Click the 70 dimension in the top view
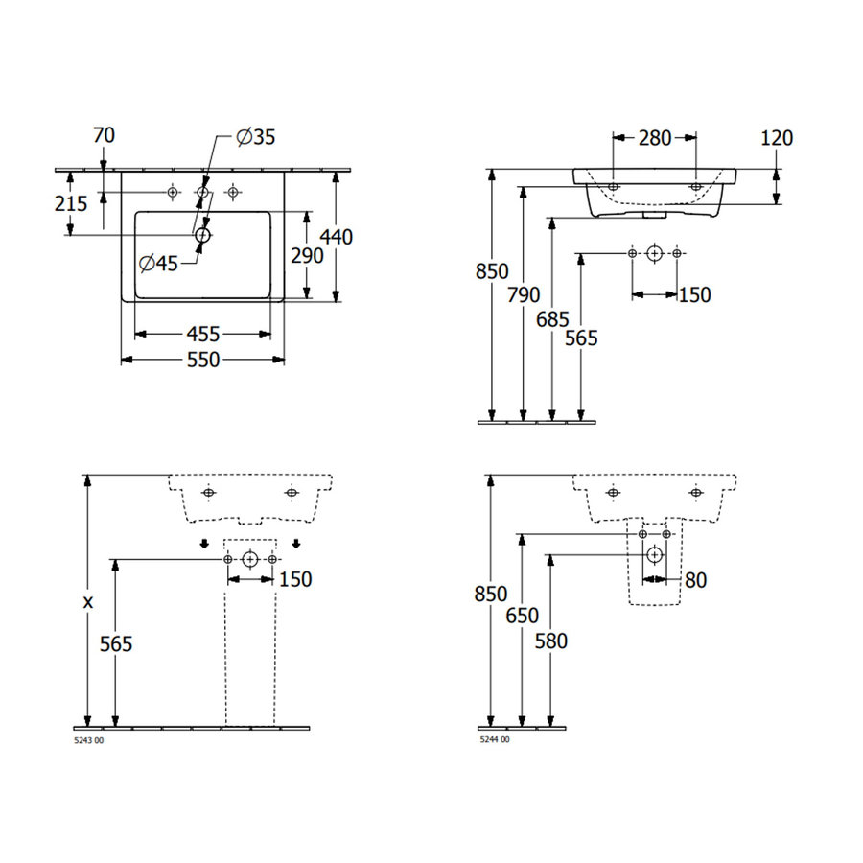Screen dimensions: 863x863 (x=104, y=135)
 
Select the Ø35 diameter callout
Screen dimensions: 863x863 (x=255, y=137)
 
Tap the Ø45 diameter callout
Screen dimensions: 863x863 (x=158, y=264)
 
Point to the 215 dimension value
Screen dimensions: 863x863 (x=72, y=203)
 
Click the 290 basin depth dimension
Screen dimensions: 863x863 (x=307, y=255)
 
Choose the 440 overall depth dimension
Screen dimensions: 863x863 (x=337, y=236)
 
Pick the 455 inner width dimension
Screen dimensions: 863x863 (x=202, y=335)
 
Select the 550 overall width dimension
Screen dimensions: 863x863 (x=202, y=360)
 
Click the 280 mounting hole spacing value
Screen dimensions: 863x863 (x=655, y=138)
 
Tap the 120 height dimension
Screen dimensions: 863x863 (x=777, y=138)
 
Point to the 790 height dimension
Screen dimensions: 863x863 (x=523, y=295)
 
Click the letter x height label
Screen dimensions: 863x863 (x=88, y=602)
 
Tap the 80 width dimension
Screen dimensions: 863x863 (x=695, y=580)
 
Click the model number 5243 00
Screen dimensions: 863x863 (x=89, y=739)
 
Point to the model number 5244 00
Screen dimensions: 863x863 (x=495, y=739)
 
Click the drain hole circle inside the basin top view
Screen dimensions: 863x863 (x=202, y=234)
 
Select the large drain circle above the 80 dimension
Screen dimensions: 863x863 (x=654, y=553)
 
